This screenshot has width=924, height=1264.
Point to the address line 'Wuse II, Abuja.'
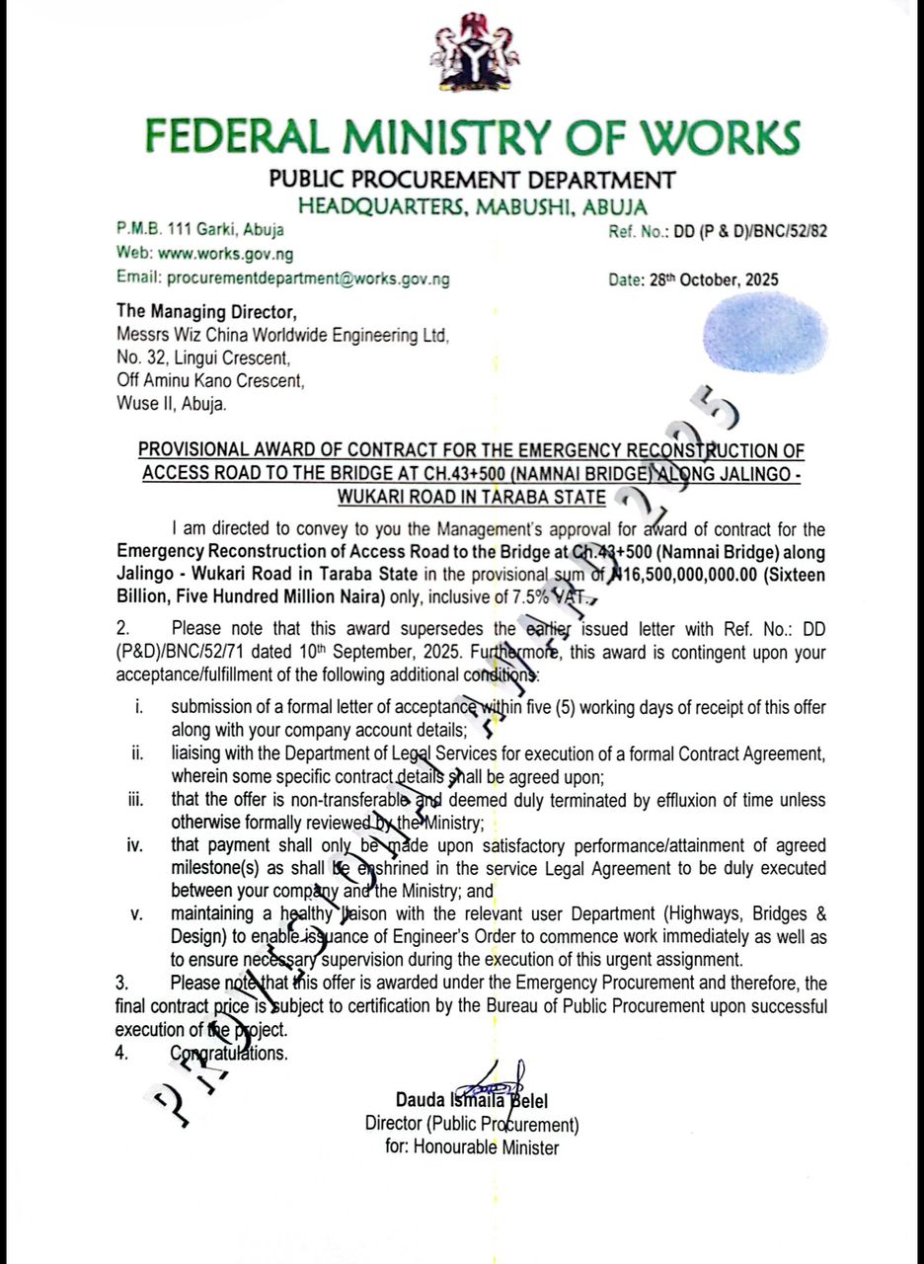(171, 403)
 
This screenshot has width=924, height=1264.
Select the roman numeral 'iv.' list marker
(136, 845)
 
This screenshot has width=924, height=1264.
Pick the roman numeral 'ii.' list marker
(139, 753)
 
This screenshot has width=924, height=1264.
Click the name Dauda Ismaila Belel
(472, 1100)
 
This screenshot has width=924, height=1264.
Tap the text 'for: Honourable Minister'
(472, 1147)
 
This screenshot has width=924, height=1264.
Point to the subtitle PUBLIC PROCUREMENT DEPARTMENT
(472, 180)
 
